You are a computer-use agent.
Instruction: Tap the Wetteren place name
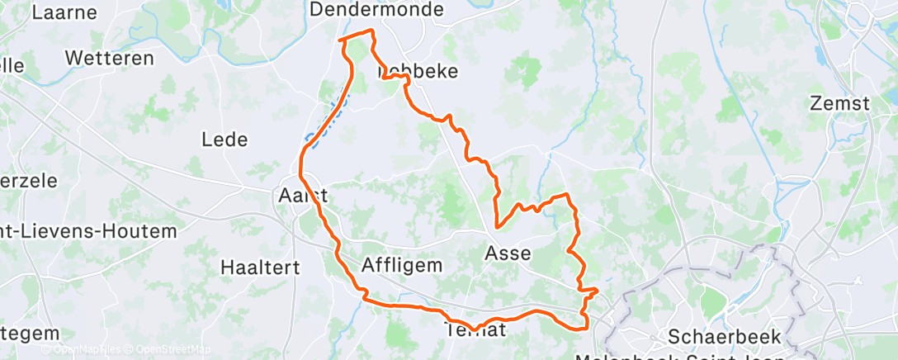pos(110,59)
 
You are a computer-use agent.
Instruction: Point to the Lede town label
pos(224,140)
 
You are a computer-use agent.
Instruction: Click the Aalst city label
pos(304,197)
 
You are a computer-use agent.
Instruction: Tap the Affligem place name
pos(403,265)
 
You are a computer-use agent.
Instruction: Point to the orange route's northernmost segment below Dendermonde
pos(357,35)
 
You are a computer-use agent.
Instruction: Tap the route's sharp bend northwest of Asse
pos(497,225)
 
